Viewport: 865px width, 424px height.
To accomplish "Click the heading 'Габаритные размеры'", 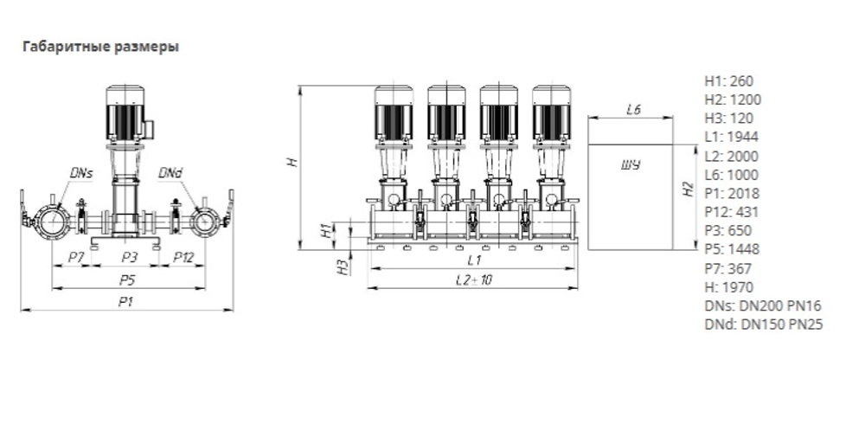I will pyautogui.click(x=100, y=48).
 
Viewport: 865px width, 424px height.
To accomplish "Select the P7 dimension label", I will pyautogui.click(x=75, y=257).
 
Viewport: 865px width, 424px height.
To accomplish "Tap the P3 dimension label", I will pyautogui.click(x=129, y=257).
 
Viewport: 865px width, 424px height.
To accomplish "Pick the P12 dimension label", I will pyautogui.click(x=183, y=257).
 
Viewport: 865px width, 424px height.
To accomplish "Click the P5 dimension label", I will pyautogui.click(x=129, y=280).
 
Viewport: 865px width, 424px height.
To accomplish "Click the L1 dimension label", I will pyautogui.click(x=473, y=259).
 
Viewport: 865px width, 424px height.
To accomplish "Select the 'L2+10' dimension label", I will pyautogui.click(x=473, y=279).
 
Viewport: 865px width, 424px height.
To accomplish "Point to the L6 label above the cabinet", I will pyautogui.click(x=632, y=110).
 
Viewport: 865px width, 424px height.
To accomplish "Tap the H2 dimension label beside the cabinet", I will pyautogui.click(x=688, y=190).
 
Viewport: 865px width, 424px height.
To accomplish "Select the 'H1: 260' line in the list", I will pyautogui.click(x=728, y=80).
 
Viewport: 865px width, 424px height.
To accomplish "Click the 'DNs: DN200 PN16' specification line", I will pyautogui.click(x=762, y=305).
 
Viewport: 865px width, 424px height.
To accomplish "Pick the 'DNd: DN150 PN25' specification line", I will pyautogui.click(x=763, y=324).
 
